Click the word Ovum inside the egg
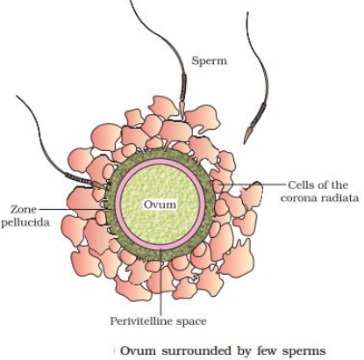point(160,205)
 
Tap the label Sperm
point(209,61)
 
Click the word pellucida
point(25,223)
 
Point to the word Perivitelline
point(142,321)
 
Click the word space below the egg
point(191,321)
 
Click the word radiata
point(339,198)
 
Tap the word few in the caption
point(268,350)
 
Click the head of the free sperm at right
point(247,134)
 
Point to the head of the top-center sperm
point(182,110)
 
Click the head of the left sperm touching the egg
point(98,184)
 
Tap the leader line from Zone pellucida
point(75,209)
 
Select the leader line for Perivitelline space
point(161,281)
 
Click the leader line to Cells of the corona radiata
point(252,184)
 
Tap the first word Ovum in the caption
point(139,350)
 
